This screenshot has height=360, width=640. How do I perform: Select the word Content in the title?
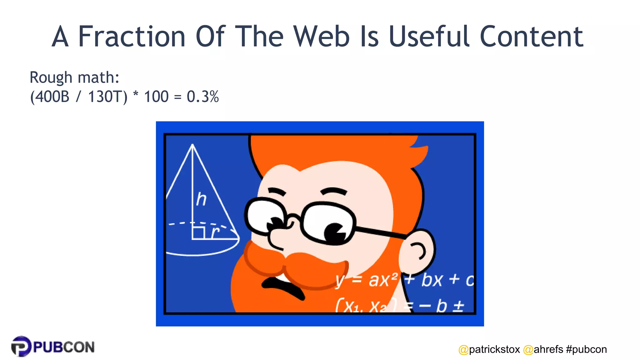(531, 37)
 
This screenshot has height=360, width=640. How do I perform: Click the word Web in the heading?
(322, 37)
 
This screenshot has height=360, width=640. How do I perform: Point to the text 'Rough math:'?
(74, 77)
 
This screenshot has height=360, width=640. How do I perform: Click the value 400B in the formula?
(52, 97)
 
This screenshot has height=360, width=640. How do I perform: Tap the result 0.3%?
(202, 97)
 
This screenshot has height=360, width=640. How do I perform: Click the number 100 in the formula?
(156, 97)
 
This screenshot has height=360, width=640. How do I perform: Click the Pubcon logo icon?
(21, 346)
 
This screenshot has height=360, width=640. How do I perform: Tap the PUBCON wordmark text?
(64, 347)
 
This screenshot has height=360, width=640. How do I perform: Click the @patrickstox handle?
(489, 349)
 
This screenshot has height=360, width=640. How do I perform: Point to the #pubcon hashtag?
(586, 349)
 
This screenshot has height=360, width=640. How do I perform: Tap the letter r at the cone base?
(215, 232)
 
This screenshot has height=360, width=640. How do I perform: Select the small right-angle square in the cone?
(198, 233)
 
